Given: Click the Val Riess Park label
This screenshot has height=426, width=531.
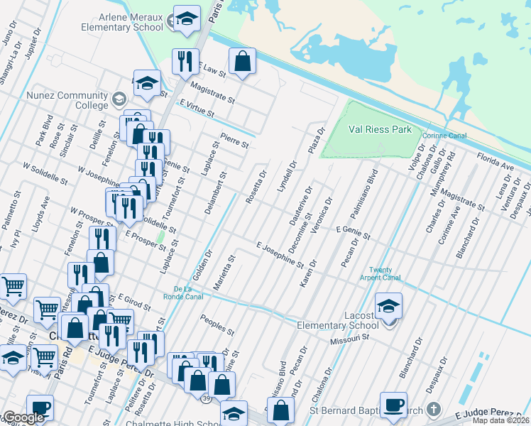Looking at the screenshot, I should [x=380, y=130].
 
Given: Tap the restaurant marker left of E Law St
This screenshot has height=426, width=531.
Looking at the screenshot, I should [x=185, y=61].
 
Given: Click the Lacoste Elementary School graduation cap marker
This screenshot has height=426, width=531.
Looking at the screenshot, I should [x=388, y=306].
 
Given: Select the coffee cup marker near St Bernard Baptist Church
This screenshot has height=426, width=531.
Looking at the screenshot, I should [x=393, y=405].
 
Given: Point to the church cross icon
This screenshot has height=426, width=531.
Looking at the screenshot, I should [x=434, y=410].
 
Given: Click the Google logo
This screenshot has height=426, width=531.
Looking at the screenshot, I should [x=23, y=418].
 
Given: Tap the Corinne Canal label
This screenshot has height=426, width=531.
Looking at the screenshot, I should [x=442, y=136].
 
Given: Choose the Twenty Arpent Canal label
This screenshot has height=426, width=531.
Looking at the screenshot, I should [x=385, y=273].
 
